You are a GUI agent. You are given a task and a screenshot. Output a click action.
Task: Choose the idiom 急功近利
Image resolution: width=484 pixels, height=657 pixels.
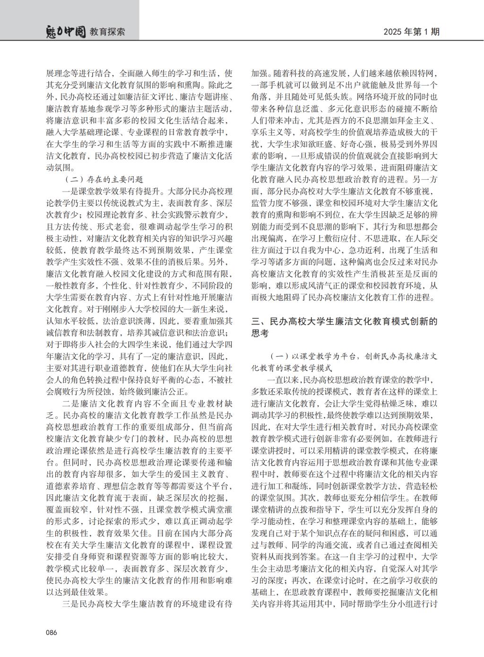pyautogui.click(x=364, y=250)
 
